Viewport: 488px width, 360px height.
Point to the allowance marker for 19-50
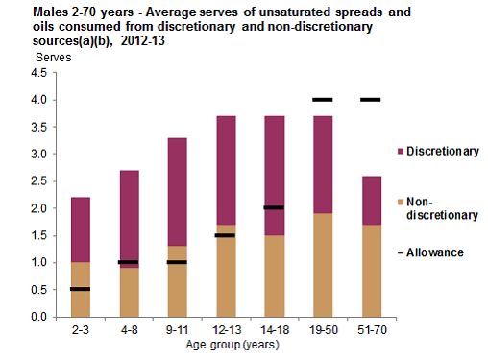322,100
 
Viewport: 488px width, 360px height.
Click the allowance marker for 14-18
274,207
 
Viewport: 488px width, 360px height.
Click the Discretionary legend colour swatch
399,151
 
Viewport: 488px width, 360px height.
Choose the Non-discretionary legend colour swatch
399,203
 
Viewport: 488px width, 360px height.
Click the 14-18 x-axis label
274,331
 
